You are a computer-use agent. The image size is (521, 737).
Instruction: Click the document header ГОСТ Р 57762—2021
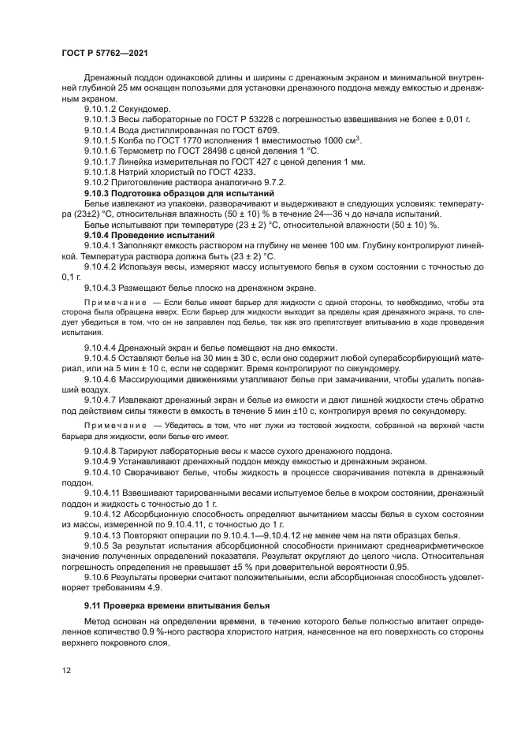point(105,52)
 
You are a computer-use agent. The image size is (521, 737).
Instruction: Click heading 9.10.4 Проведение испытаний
point(149,235)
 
